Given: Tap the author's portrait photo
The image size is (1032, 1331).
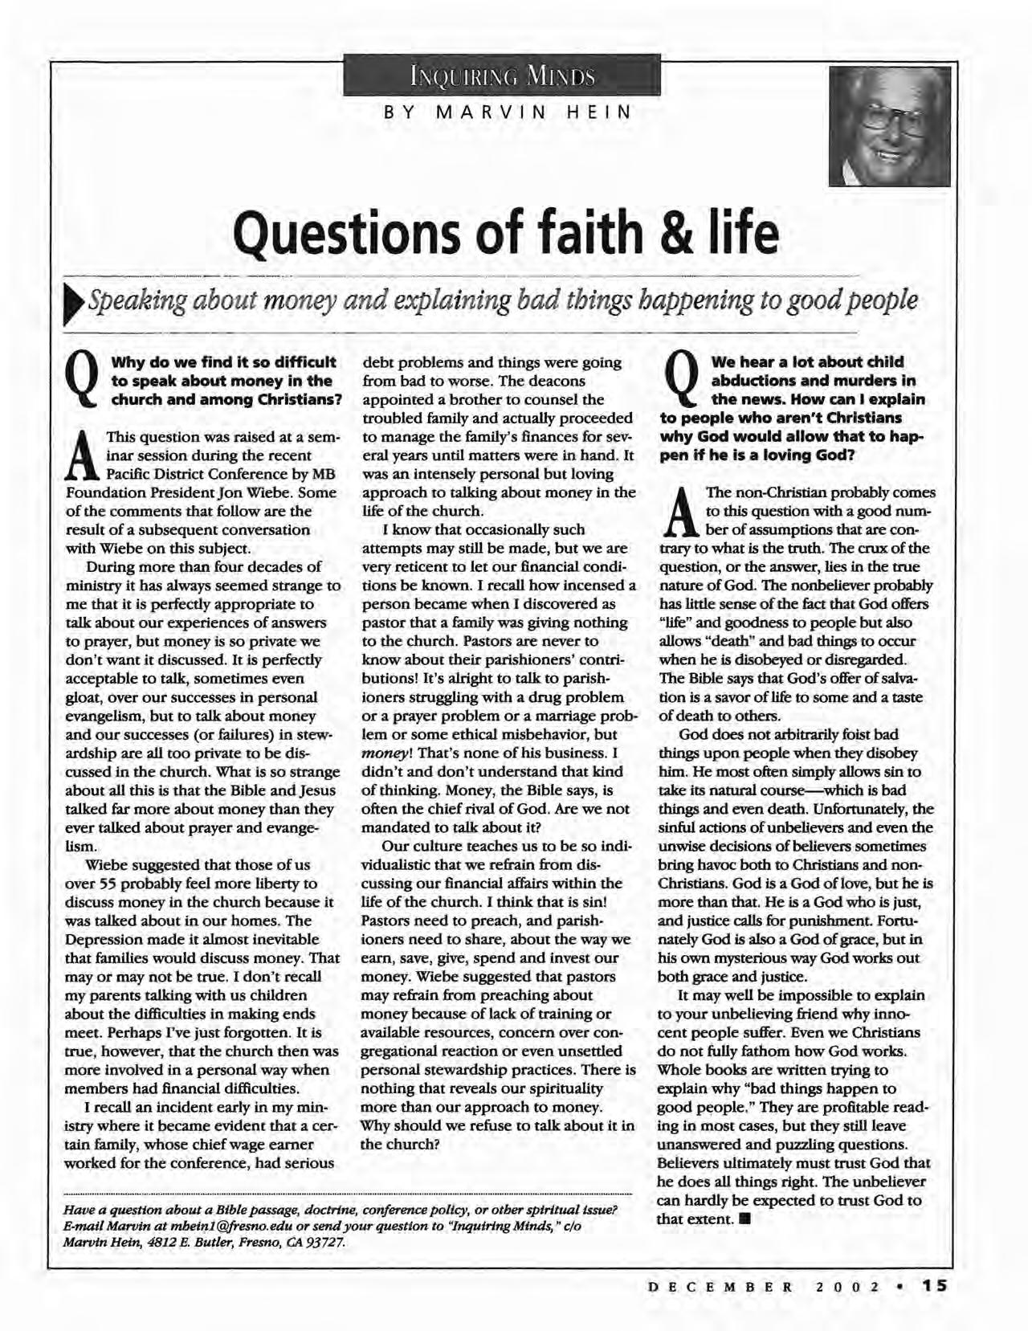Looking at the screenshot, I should coord(889,126).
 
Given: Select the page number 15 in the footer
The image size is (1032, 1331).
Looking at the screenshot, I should coord(935,1286).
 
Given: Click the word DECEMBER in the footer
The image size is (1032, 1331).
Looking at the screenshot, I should coord(720,1287).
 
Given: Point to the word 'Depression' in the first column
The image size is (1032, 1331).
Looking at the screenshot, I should coord(100,939).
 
